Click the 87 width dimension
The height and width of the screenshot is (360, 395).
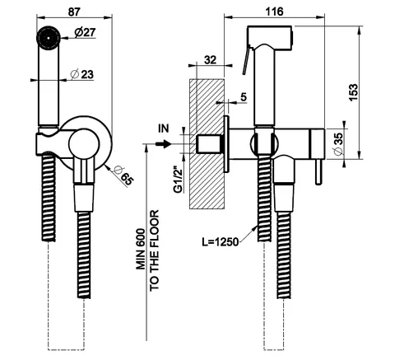[74, 12]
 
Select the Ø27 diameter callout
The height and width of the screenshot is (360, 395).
[85, 33]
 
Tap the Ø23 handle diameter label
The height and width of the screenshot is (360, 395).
[81, 74]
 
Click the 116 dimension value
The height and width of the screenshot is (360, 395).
[274, 12]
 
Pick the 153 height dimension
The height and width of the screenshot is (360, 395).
[354, 92]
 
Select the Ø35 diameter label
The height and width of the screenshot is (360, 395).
[339, 144]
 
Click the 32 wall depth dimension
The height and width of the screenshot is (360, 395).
[211, 60]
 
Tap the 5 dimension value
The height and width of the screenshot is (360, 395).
[244, 97]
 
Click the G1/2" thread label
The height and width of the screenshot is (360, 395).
[179, 179]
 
